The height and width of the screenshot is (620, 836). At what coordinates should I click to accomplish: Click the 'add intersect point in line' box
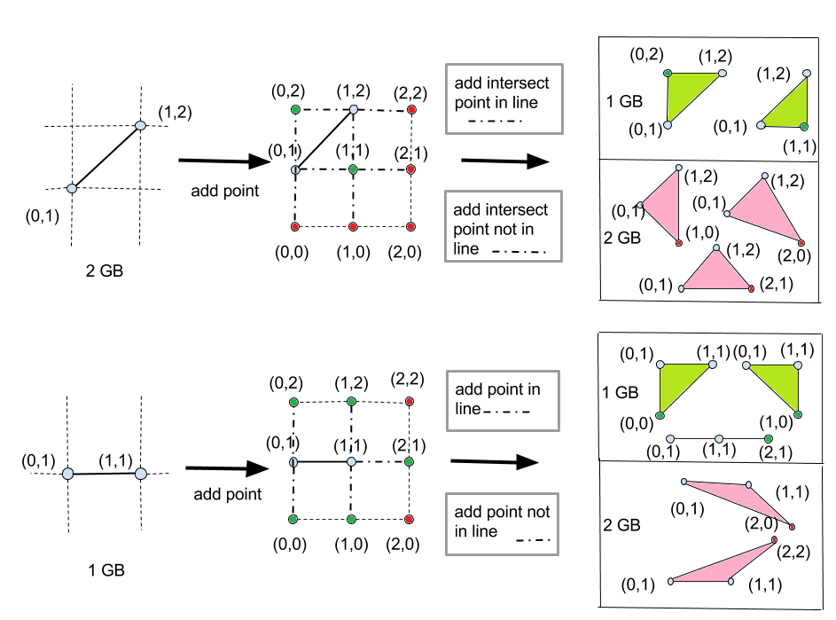click(x=503, y=98)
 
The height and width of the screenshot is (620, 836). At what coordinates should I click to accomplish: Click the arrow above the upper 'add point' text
click(x=225, y=161)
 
